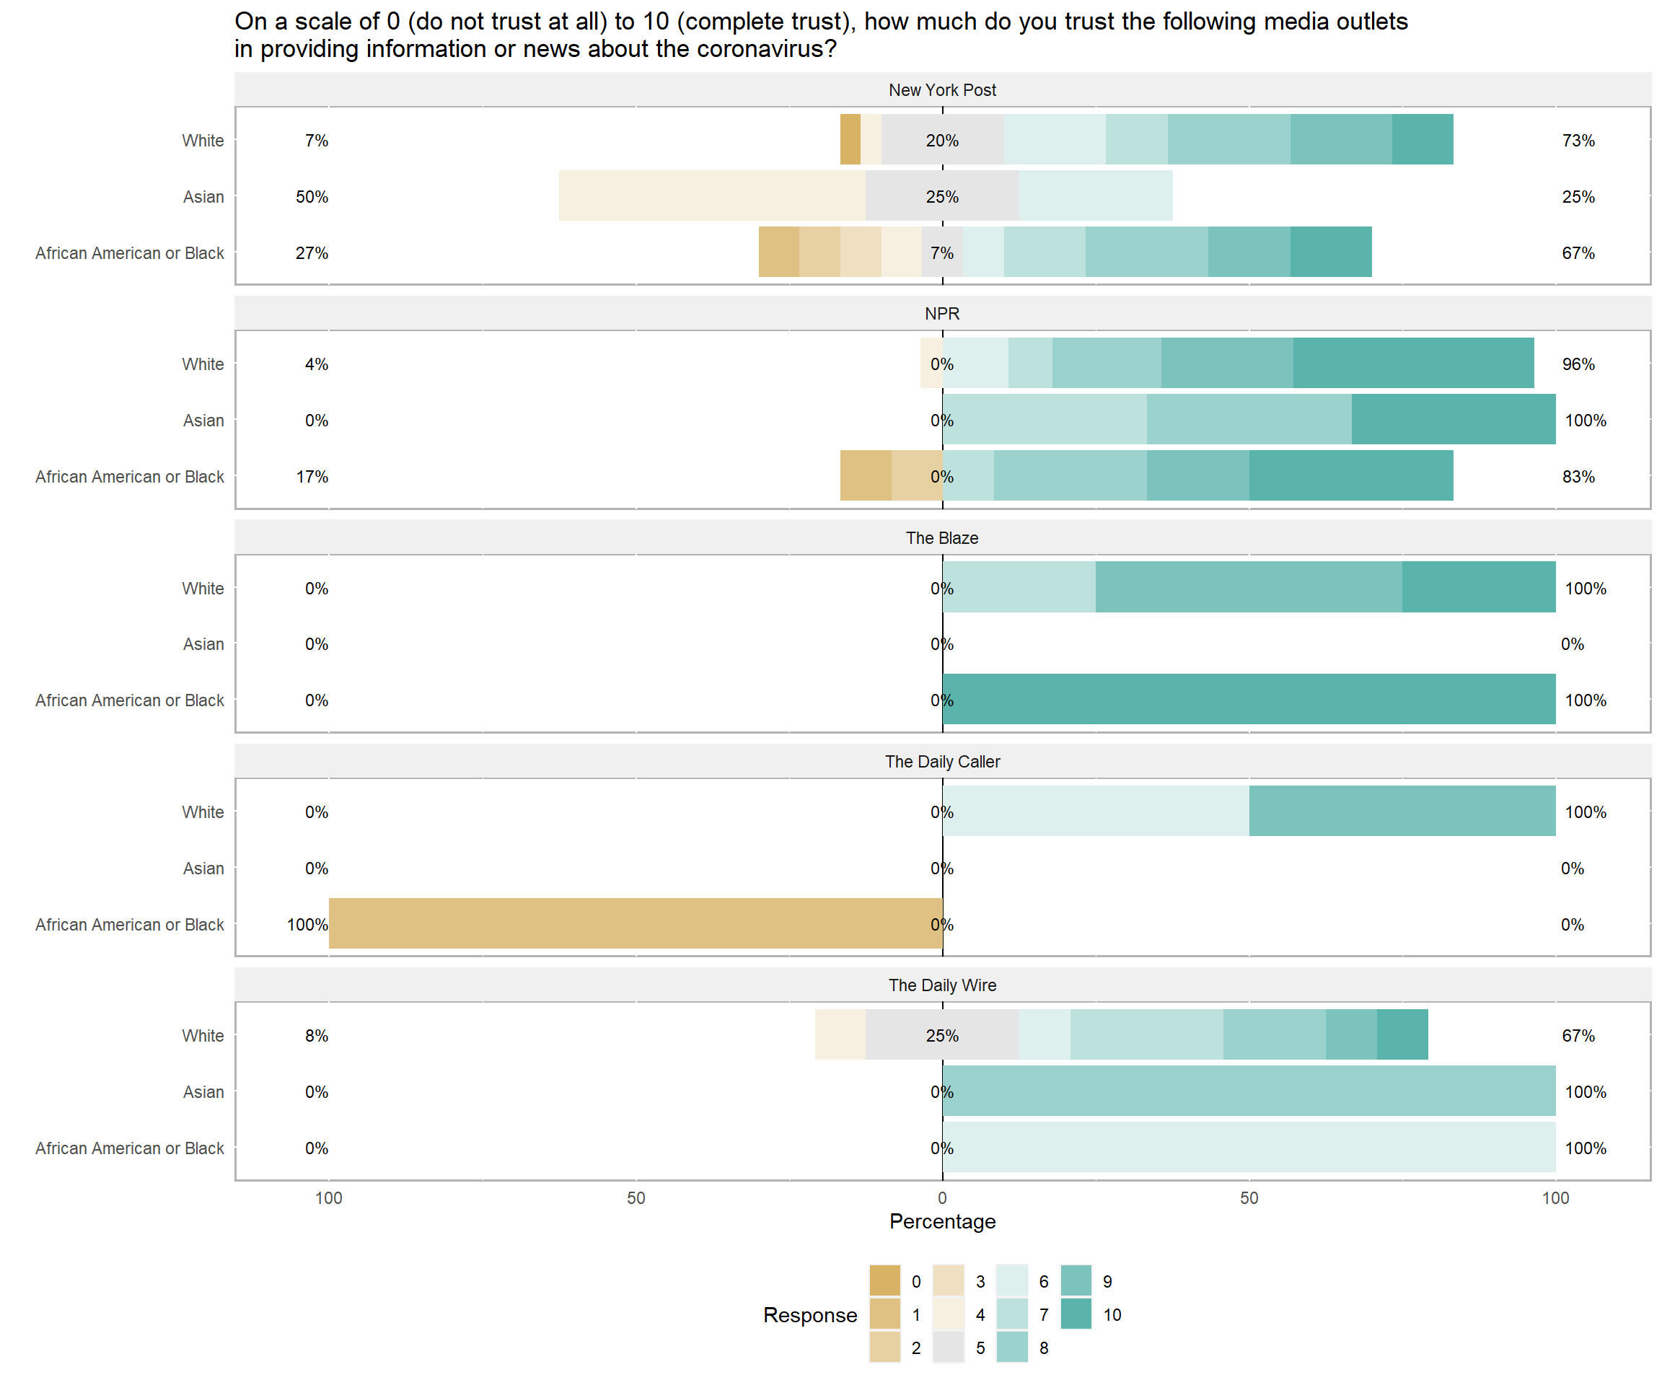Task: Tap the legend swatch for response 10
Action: pos(1076,1314)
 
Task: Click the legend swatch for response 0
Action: pos(885,1281)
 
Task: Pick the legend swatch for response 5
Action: pos(948,1347)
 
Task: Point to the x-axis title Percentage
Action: pos(942,1221)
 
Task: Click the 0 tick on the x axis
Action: pos(942,1198)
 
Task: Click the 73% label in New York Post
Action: pos(1578,141)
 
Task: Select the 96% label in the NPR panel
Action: pos(1578,365)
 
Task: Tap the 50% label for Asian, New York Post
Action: pos(312,197)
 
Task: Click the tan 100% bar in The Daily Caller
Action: pos(636,923)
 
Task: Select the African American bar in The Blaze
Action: pos(1249,700)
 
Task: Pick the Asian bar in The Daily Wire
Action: pos(1249,1091)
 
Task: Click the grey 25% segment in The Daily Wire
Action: pos(942,1035)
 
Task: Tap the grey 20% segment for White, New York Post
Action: pos(942,140)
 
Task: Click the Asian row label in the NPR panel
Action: pos(203,421)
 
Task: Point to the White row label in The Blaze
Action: pos(203,589)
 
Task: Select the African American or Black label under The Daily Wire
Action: pos(130,1148)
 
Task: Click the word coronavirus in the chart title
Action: pos(759,49)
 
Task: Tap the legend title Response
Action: pos(809,1315)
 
